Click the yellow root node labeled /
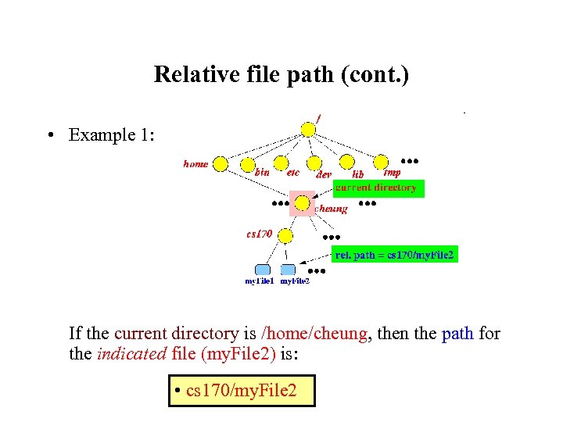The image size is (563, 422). [309, 129]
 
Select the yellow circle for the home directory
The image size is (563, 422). [221, 164]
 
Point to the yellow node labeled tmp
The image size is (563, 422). [381, 161]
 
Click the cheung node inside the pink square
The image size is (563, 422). [302, 202]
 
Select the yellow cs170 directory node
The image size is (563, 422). [286, 234]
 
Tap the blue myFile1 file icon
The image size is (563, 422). [263, 270]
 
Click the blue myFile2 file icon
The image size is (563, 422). [289, 270]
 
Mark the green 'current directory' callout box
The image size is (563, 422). [378, 188]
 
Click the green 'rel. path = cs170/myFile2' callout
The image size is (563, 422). [394, 255]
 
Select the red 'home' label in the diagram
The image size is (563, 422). [196, 164]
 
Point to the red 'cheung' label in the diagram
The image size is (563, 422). [331, 209]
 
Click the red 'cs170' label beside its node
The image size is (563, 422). [260, 233]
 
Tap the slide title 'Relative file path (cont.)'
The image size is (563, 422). [281, 74]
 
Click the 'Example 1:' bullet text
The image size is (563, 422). [112, 135]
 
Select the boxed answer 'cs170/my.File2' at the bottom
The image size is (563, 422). [241, 390]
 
